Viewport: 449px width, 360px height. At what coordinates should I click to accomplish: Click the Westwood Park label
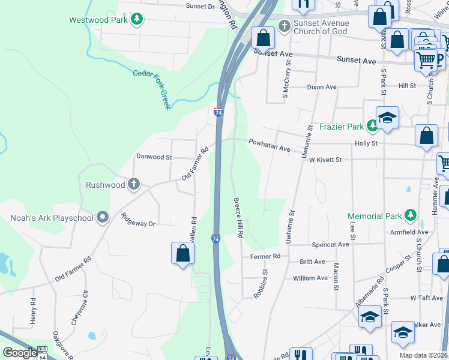point(98,20)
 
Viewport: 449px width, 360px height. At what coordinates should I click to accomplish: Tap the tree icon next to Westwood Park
point(138,20)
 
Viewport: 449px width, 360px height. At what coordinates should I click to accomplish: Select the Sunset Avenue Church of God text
point(321,28)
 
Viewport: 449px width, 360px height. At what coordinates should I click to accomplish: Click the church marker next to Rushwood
point(133,184)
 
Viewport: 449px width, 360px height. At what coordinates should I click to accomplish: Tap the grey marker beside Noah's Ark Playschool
point(103,217)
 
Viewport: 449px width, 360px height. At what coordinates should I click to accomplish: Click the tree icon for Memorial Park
point(410,215)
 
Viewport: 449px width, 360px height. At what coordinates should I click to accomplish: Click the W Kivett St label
point(322,160)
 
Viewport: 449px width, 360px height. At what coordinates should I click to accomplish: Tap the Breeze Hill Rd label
point(237,218)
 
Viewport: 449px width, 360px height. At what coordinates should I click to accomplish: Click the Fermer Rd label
point(265,256)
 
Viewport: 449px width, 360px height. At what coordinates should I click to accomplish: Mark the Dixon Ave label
point(322,87)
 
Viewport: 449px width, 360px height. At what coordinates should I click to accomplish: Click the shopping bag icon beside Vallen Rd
point(183,253)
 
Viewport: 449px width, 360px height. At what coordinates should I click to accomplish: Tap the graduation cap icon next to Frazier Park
point(387,119)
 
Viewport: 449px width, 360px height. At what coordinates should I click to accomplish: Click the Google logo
point(20,353)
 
